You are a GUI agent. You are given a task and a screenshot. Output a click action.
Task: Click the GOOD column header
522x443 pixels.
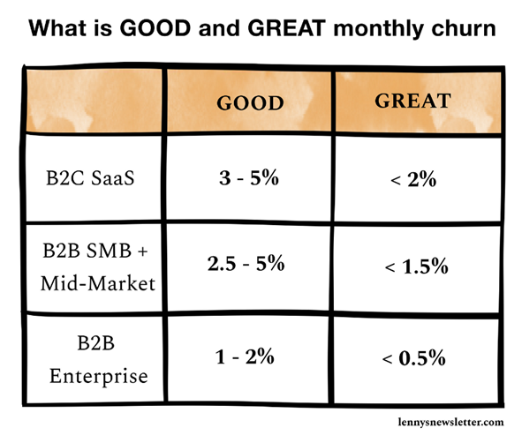(x=250, y=102)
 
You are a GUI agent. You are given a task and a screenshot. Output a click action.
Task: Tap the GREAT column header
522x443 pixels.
(x=412, y=101)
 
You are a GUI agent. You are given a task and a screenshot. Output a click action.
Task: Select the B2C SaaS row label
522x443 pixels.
(x=90, y=177)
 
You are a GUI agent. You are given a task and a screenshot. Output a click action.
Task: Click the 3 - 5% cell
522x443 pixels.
(x=249, y=177)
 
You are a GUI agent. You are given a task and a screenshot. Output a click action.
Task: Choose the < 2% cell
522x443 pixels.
(x=413, y=179)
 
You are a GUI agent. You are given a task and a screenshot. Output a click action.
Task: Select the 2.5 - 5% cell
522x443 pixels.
(x=246, y=263)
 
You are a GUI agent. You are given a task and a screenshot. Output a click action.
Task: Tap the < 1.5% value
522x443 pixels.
(x=416, y=267)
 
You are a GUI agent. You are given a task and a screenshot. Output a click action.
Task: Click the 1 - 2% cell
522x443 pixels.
(x=245, y=357)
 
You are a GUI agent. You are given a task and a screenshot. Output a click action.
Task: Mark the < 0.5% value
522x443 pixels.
(x=414, y=358)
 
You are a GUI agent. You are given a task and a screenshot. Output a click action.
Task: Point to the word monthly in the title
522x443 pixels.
(x=379, y=29)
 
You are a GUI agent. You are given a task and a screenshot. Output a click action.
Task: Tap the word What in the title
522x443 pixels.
(x=57, y=28)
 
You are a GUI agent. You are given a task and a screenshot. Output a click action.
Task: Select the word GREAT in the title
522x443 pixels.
(x=286, y=28)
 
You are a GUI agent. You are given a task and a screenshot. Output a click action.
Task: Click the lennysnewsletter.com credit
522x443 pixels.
(x=450, y=422)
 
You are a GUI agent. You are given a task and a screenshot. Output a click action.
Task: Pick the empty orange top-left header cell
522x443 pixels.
(x=94, y=101)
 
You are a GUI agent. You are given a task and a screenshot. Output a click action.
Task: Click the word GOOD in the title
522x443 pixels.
(x=155, y=28)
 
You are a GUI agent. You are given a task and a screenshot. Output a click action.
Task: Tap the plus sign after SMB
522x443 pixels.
(x=142, y=252)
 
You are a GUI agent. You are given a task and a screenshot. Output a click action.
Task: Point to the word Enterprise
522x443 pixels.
(x=99, y=376)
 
